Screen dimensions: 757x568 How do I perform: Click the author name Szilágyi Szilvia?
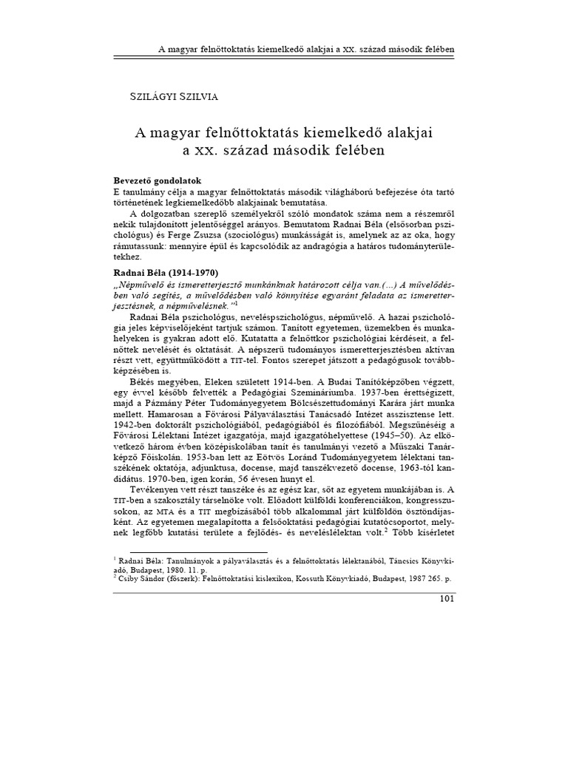[168, 95]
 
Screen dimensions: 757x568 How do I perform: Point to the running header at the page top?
[306, 50]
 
